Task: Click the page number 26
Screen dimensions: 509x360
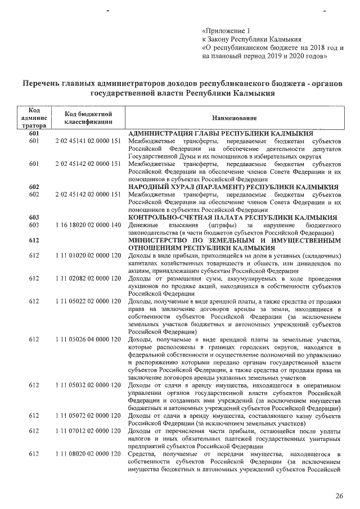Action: click(339, 496)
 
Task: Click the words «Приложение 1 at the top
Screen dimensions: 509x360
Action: click(225, 30)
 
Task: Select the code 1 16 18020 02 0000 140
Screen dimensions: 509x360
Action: click(89, 225)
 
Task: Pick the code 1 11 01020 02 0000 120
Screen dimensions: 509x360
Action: click(89, 256)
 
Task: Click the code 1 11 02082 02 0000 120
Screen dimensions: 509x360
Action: click(89, 279)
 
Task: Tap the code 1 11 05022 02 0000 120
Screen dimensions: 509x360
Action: click(89, 302)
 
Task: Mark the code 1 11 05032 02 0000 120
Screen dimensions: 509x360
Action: click(89, 385)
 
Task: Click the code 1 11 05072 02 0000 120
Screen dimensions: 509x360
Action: click(89, 416)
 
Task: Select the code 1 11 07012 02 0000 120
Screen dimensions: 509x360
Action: click(89, 431)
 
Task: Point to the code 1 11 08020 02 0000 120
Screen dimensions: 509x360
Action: click(89, 454)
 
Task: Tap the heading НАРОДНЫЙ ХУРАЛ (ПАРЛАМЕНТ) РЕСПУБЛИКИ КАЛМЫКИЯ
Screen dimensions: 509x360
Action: click(233, 187)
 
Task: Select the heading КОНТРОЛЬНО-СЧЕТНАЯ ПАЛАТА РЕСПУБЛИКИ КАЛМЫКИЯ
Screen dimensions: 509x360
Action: click(232, 217)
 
